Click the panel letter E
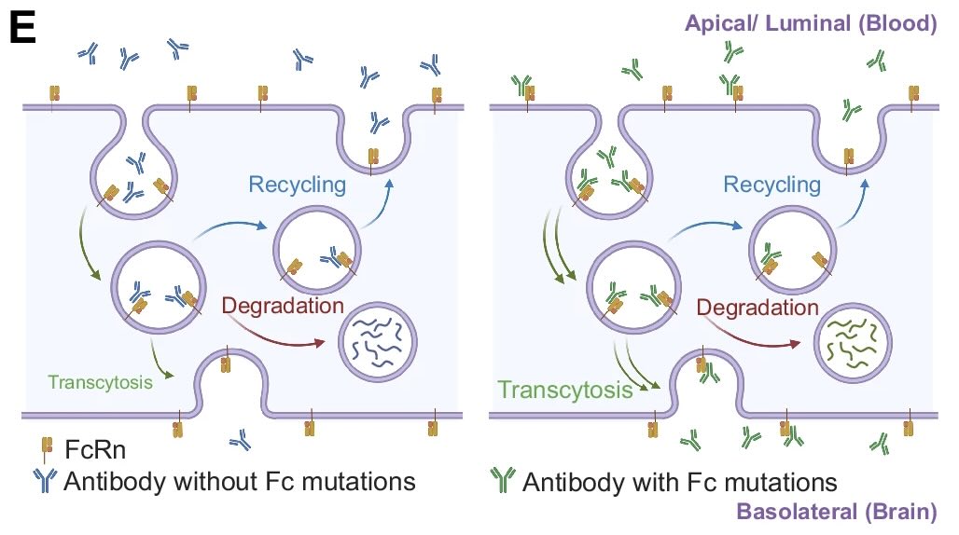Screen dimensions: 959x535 [22, 28]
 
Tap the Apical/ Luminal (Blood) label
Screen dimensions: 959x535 [811, 23]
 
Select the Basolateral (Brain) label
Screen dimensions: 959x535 [837, 511]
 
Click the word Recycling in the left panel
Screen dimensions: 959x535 [298, 185]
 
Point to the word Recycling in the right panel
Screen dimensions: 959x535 [771, 185]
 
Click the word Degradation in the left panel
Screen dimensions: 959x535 [283, 306]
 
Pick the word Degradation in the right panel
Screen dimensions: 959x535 [757, 308]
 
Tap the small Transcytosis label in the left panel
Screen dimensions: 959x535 [101, 382]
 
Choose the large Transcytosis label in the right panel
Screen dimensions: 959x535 [564, 390]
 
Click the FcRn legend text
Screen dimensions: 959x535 [95, 450]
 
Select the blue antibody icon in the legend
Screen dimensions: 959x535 [45, 481]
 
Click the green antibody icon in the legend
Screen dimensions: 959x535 [503, 480]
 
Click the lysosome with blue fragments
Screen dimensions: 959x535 [378, 342]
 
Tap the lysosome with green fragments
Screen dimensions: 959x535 [853, 344]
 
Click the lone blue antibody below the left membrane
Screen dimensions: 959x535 [241, 439]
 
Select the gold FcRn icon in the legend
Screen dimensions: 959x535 [47, 450]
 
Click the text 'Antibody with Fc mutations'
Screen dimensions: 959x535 [679, 483]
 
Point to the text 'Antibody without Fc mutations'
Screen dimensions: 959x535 [240, 481]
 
